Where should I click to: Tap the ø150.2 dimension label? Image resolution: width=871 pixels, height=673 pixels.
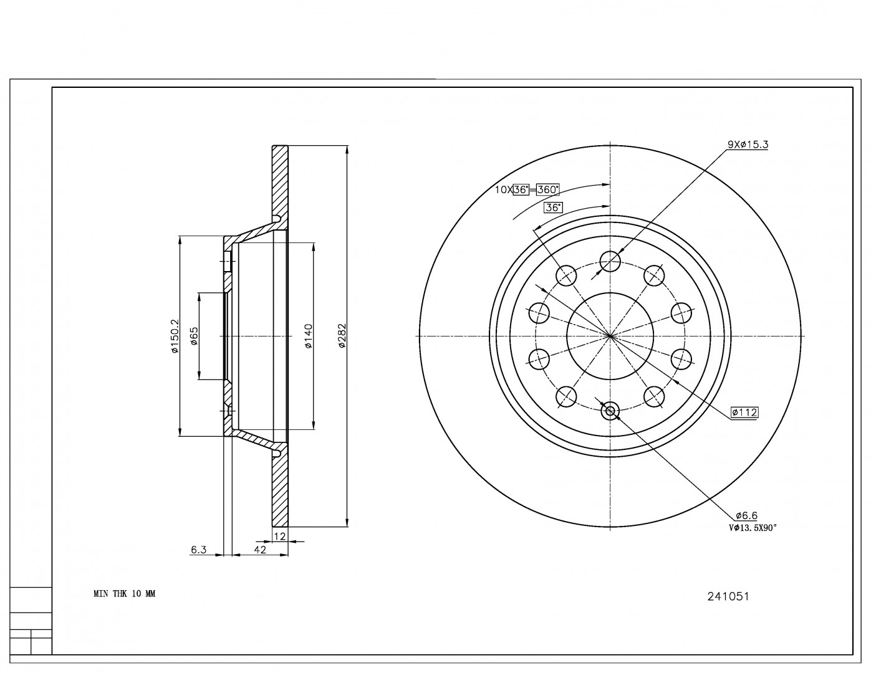[175, 336]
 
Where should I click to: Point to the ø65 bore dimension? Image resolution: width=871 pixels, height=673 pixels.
[194, 336]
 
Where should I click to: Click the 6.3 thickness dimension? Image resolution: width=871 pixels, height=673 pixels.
[198, 550]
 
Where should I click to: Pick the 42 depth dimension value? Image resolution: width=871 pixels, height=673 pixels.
[260, 550]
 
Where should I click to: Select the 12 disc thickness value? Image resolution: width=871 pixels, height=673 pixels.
[280, 536]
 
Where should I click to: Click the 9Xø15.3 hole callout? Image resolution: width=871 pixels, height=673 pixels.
[748, 145]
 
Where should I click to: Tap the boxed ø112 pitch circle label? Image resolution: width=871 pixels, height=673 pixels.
[744, 412]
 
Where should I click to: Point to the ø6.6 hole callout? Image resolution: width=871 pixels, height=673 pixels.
[746, 515]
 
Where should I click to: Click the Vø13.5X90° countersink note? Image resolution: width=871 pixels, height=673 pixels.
[753, 528]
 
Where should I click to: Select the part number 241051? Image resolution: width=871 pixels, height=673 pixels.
[728, 596]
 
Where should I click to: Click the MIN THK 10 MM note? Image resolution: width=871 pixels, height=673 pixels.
[124, 594]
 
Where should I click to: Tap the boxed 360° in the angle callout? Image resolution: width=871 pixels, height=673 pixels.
[548, 189]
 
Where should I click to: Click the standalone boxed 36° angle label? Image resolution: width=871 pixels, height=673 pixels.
[552, 208]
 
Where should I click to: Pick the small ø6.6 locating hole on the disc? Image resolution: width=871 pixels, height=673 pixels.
[610, 410]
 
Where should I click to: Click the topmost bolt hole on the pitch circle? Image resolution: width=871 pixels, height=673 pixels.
[610, 260]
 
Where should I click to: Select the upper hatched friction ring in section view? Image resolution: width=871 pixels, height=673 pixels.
[280, 181]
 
